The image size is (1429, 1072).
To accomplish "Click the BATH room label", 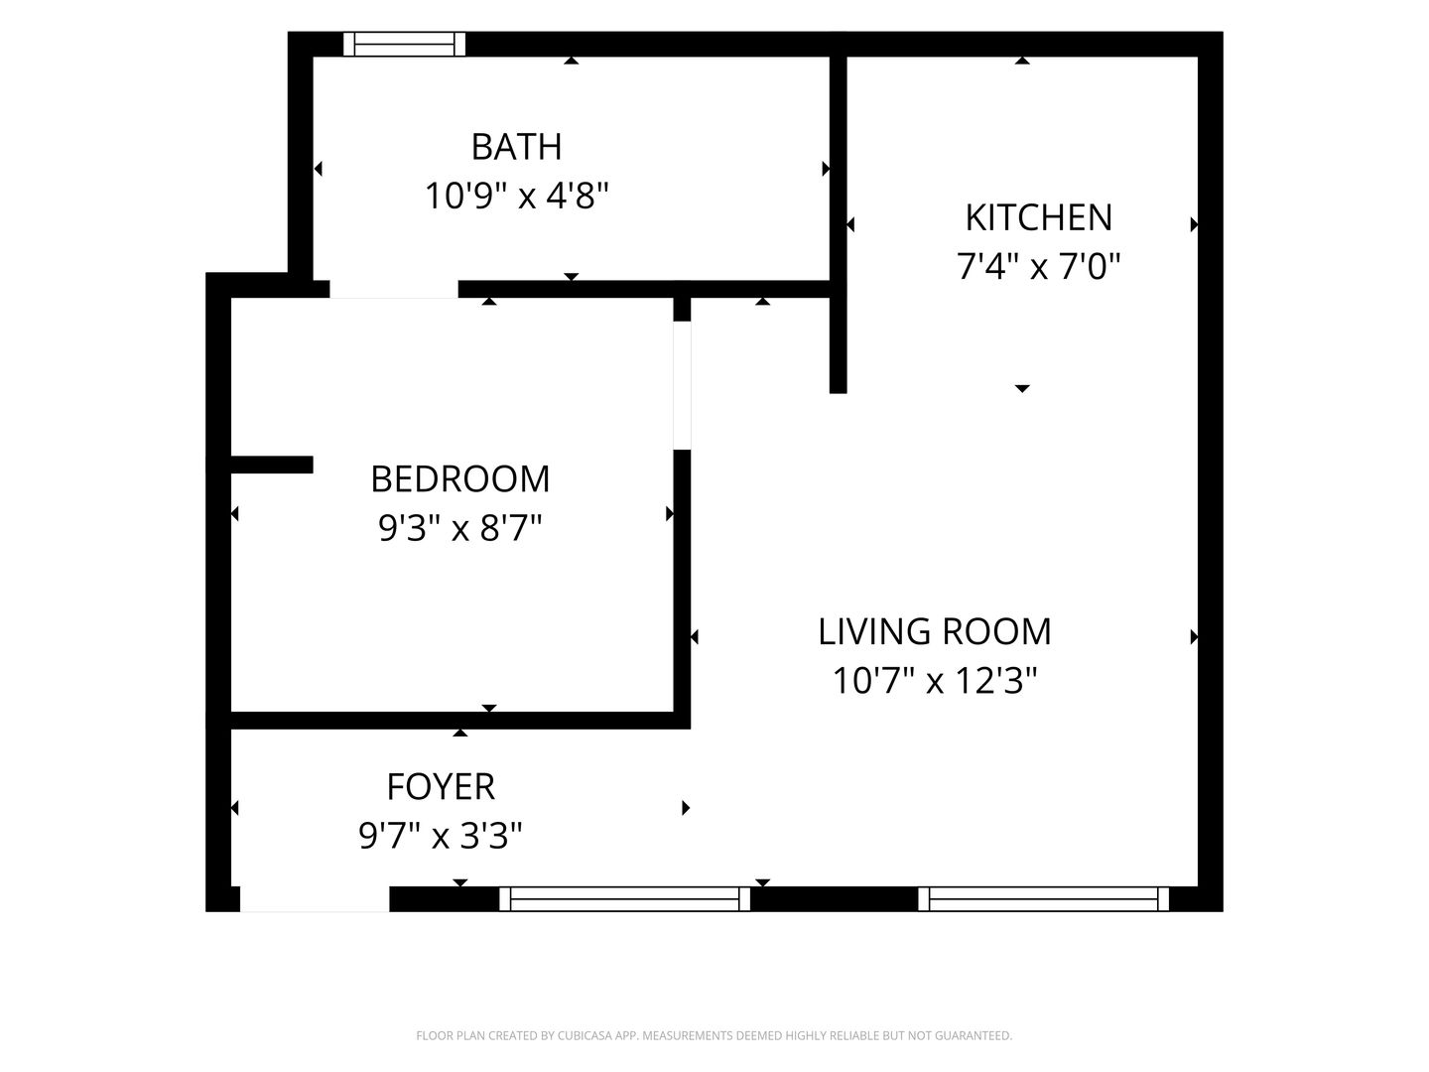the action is tap(516, 147).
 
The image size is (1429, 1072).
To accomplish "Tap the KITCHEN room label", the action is tap(1038, 217).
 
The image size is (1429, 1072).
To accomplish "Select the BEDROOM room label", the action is tap(460, 479).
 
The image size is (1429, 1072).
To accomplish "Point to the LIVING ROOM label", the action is tap(934, 631).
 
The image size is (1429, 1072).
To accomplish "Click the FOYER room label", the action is tap(441, 787).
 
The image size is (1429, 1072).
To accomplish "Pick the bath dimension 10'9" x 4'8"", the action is tap(516, 196).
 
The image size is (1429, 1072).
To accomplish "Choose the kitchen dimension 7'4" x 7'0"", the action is tap(1038, 266).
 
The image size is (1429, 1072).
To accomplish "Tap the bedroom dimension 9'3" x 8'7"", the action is tap(460, 527).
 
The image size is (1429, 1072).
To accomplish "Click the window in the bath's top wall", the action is tap(404, 45).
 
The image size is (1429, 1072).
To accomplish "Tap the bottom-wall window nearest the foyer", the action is tap(624, 899).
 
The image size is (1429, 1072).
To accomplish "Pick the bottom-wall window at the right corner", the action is tap(1044, 899).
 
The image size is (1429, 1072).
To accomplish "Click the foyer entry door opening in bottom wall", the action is tap(315, 899).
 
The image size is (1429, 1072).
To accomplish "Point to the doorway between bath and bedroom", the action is tap(394, 289).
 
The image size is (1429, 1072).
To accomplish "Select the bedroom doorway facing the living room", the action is tap(682, 385).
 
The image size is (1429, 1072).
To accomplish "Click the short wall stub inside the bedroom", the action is tap(272, 465).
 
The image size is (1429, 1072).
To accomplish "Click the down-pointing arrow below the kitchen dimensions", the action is tap(1022, 388).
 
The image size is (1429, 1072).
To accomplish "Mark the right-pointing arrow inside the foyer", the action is tap(686, 808).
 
